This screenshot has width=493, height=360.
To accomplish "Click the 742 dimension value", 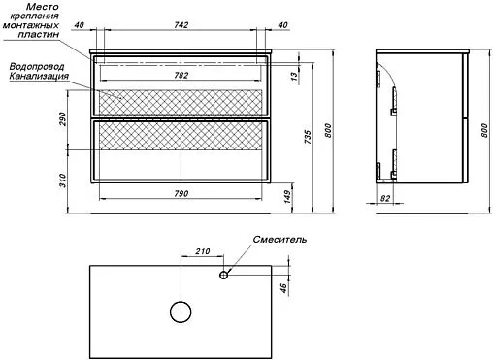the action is point(181,25).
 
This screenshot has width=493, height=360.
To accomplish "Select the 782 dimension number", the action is point(181,76).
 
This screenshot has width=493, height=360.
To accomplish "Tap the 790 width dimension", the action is point(181,193).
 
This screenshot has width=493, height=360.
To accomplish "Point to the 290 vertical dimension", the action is point(62,118).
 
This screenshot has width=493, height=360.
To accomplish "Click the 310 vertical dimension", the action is point(62,180).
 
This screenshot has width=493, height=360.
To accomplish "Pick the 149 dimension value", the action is point(287,197).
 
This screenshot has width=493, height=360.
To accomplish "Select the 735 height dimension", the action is point(308,137).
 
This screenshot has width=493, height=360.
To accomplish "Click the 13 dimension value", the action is point(293,77).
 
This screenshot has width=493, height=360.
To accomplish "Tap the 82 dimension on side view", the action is point(385,198).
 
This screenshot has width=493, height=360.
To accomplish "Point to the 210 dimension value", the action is point(203,251).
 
